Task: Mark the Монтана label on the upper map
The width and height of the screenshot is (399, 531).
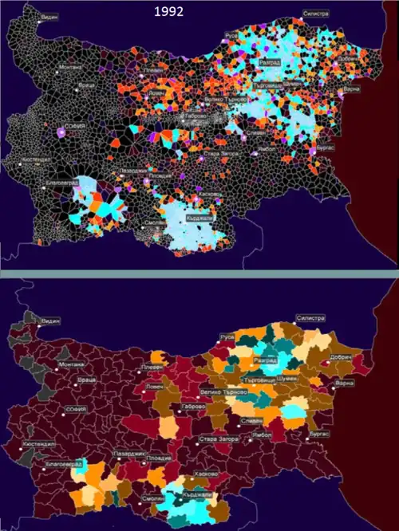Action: [71, 68]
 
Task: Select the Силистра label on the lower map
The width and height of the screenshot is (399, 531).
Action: [310, 318]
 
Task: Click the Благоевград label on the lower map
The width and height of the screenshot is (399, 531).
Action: [61, 461]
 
